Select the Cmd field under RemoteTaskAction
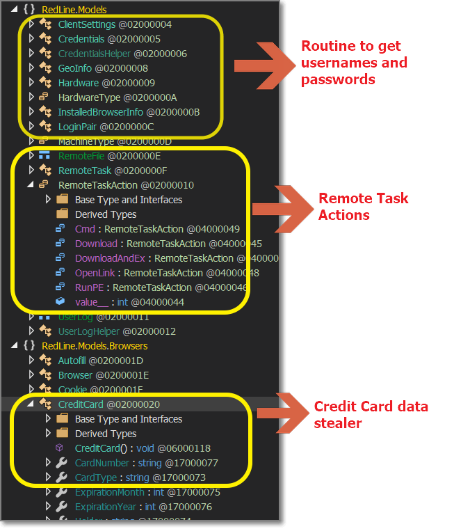85,229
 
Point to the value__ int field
91,302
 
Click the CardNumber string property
102,463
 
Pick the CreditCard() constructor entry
102,448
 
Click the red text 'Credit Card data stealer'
371,414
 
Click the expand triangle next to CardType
48,477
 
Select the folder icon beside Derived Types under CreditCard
62,434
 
